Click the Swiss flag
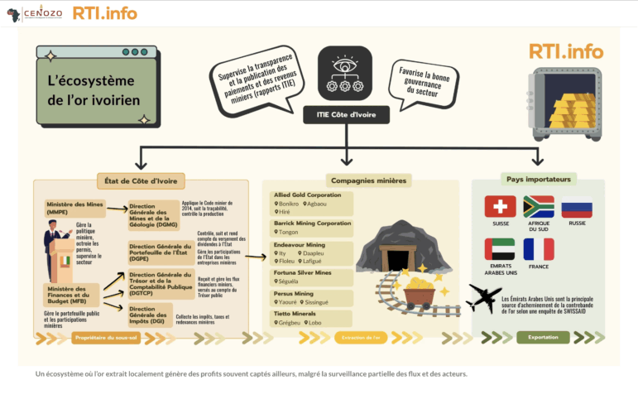click(500, 206)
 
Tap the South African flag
click(539, 206)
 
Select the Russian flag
click(577, 206)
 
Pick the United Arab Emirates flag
click(500, 249)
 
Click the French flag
click(539, 249)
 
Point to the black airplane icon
click(483, 298)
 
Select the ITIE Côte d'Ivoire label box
click(346, 115)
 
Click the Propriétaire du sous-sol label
click(103, 338)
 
